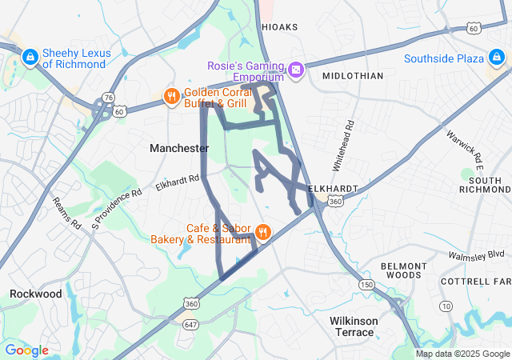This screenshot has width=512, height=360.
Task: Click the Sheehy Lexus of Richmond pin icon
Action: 30,57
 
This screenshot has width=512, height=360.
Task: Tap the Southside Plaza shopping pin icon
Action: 497,58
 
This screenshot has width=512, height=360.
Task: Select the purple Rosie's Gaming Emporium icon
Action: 296,70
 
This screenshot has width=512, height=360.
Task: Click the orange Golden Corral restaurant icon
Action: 171,97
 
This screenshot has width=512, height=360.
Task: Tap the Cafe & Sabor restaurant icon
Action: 262,233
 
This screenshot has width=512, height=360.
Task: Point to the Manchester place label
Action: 179,148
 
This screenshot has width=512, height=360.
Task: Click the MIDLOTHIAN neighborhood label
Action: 353,75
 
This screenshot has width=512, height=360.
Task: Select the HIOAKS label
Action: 279,27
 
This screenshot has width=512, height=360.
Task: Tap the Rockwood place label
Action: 36,294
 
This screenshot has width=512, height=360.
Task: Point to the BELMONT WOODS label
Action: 400,270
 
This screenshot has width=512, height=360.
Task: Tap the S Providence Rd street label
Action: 116,206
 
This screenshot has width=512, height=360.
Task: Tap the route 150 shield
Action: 366,285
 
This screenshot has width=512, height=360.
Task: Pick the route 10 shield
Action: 445,306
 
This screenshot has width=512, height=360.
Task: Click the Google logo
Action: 26,350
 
